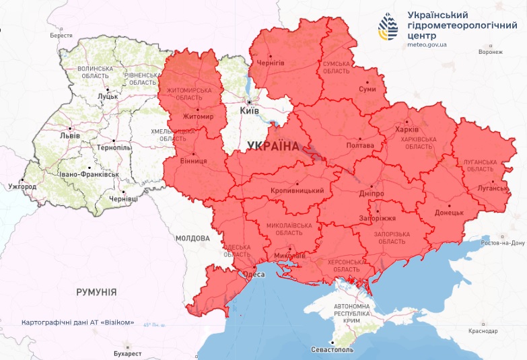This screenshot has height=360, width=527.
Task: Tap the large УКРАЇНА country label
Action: [x=273, y=145]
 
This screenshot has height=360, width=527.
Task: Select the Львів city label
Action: [x=69, y=135]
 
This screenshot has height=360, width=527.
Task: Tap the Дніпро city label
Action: [x=372, y=193]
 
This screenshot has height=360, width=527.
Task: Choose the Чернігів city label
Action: [x=270, y=63]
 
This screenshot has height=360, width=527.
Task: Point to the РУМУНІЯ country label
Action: [x=96, y=292]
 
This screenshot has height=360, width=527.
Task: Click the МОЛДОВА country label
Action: [x=192, y=238]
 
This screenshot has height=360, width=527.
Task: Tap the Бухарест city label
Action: [x=128, y=353]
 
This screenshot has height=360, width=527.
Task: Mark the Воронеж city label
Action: [x=490, y=52]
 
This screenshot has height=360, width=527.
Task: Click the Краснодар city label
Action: [x=484, y=331]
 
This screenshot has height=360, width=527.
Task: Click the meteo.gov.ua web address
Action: [x=427, y=44]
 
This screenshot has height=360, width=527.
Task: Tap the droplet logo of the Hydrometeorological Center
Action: [x=388, y=28]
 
